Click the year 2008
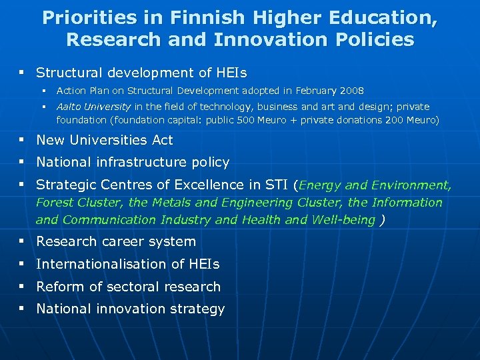tap(351, 90)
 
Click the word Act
tap(161, 140)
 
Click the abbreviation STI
tap(277, 185)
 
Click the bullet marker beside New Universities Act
tap(22, 140)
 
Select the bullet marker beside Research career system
tap(22, 241)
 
